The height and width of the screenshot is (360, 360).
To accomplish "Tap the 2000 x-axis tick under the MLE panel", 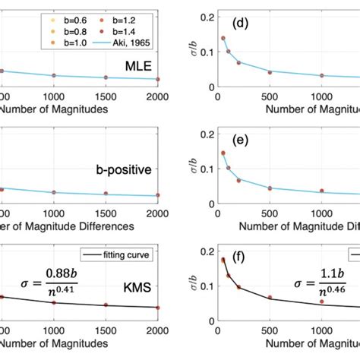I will [x=158, y=98].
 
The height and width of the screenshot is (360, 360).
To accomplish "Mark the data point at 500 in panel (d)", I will [x=270, y=73].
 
